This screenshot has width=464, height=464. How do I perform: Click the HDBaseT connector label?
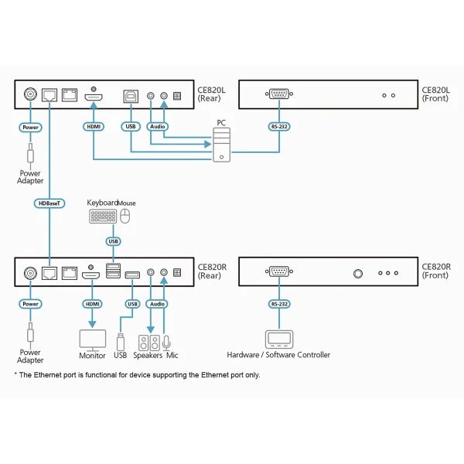49,203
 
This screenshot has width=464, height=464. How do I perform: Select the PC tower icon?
221,145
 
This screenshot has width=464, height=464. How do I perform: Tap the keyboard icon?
103,217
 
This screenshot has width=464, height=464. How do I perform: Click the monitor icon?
93,339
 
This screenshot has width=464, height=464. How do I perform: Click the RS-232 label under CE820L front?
278,126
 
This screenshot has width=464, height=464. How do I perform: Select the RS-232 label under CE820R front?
278,304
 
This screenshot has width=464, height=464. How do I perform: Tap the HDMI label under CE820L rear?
94,126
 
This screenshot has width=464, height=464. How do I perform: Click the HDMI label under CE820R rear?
93,304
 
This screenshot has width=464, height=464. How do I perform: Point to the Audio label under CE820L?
157,126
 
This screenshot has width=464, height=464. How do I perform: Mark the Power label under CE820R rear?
31,304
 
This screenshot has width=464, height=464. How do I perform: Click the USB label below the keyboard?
114,241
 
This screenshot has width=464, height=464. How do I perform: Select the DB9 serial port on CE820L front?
278,94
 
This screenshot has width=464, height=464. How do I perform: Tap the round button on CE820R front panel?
358,273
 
